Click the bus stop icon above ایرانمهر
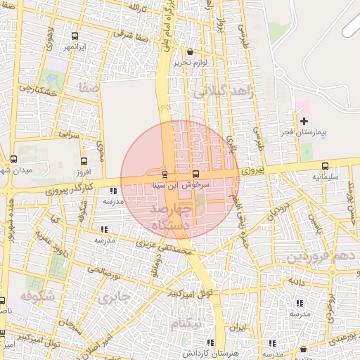75,36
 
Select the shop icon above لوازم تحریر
190,51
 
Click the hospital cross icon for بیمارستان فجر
304,122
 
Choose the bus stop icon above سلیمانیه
324,166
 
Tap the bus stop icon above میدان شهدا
13,160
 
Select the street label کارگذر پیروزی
72,186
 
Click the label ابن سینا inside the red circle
166,186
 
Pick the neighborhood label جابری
115,297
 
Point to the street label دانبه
294,281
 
